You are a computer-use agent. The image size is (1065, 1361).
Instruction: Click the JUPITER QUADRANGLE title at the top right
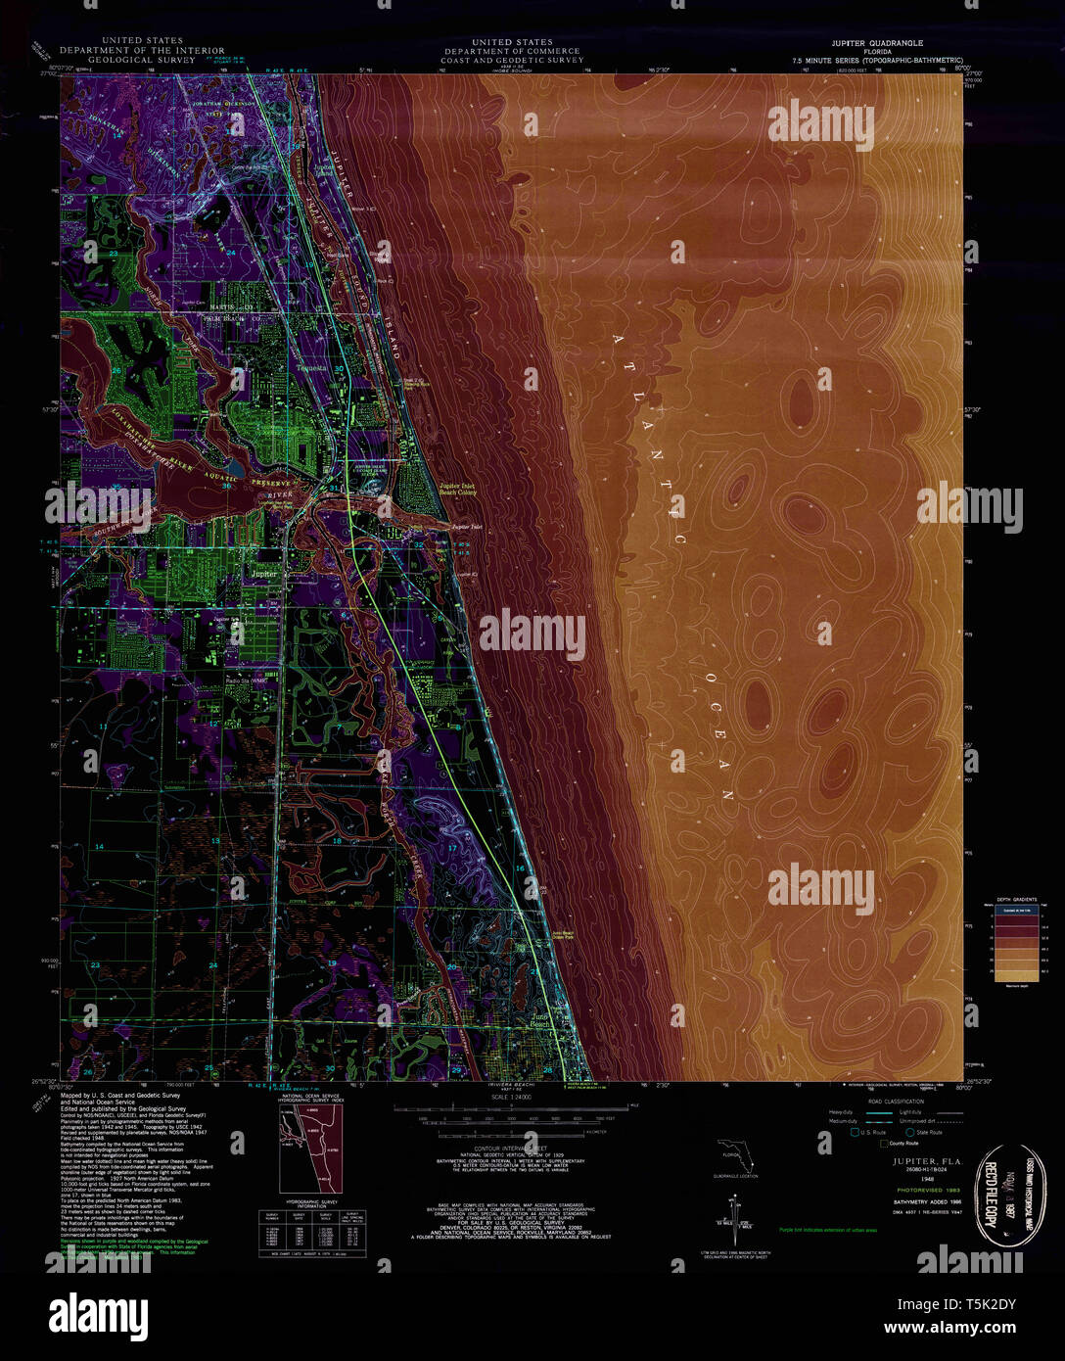876,43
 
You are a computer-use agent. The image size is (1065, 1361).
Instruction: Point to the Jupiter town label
263,574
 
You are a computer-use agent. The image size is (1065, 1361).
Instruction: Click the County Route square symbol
884,1143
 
